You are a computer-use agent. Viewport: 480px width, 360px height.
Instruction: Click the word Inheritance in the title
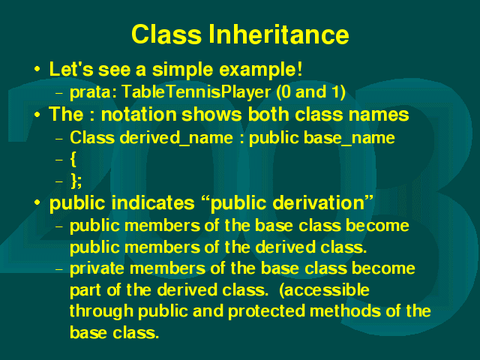click(x=278, y=34)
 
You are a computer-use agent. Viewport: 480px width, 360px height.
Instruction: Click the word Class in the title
click(x=166, y=34)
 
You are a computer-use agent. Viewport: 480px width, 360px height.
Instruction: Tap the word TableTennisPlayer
click(x=196, y=91)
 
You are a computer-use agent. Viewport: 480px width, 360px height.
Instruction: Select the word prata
click(x=93, y=92)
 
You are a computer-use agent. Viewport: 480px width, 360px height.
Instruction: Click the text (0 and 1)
click(x=311, y=91)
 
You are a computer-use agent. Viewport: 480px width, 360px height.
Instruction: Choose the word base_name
click(x=349, y=138)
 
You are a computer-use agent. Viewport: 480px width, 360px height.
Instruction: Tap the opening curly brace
click(x=73, y=160)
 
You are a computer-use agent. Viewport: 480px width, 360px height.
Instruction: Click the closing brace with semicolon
click(x=76, y=181)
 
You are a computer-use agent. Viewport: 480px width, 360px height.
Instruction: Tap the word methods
click(x=345, y=311)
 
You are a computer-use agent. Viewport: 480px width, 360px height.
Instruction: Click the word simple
click(x=182, y=70)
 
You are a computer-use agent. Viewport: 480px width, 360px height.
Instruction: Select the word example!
click(x=261, y=70)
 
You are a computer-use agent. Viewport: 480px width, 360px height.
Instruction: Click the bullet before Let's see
click(x=37, y=69)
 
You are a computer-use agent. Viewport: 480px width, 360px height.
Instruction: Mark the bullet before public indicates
click(x=37, y=202)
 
